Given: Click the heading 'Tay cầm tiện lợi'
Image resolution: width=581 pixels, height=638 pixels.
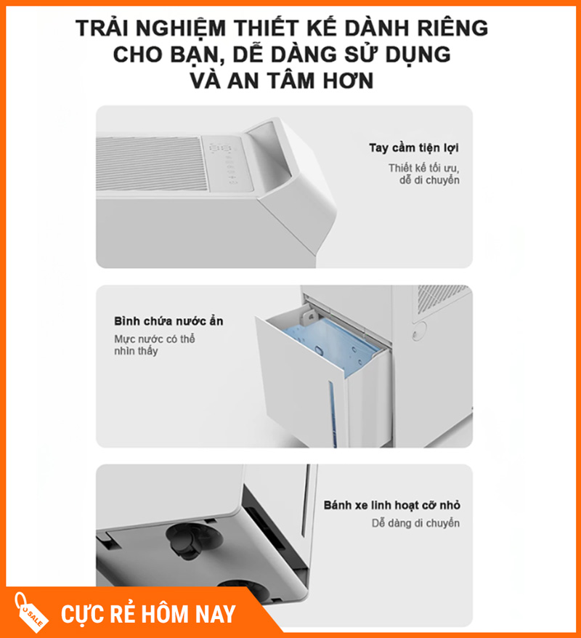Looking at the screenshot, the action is point(413,148).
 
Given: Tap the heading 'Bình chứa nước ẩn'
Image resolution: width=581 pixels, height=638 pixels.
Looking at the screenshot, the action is point(168,321).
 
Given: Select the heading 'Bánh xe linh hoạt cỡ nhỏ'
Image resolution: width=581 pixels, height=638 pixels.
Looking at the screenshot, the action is point(392,505).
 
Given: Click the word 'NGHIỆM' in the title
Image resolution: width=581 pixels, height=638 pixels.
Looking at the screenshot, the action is point(180,28).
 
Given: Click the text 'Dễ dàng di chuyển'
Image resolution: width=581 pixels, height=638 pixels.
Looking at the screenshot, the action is point(415,523).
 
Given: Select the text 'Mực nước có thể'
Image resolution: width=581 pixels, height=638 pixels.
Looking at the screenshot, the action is point(155,339).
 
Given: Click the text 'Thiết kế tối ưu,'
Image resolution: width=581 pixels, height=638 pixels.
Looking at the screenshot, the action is point(423,168).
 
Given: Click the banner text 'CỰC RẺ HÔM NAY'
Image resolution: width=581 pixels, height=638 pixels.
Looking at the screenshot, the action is point(148,614).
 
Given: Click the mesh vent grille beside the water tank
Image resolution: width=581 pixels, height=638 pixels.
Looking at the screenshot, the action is point(442,298).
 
